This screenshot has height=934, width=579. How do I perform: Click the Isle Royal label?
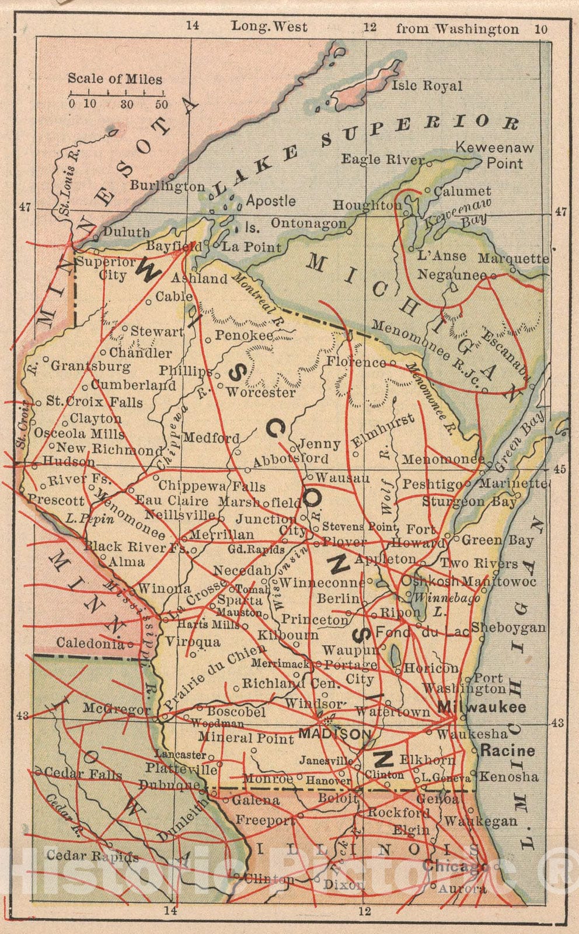coord(426,86)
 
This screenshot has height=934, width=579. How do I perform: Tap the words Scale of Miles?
coord(115,79)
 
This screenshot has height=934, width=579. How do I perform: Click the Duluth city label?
coord(127,232)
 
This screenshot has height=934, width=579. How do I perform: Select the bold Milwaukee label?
coord(482,707)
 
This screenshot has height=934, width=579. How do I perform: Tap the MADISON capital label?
coord(334,733)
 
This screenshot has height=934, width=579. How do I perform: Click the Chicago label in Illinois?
coord(453,866)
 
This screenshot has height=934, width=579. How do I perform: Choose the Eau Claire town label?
coord(172,501)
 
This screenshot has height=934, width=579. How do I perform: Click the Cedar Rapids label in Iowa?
coord(92,856)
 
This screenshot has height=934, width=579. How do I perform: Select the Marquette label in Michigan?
coord(513,258)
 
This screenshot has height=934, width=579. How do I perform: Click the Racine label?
coord(507,750)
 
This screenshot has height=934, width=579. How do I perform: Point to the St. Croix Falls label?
coord(94,402)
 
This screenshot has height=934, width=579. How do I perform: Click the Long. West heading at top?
coord(269,26)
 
